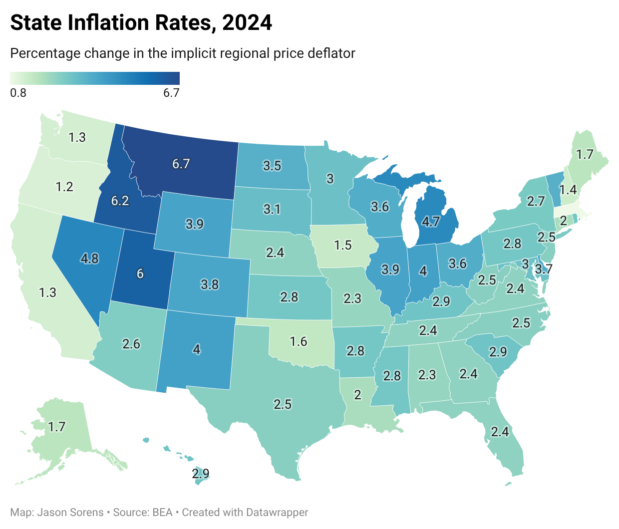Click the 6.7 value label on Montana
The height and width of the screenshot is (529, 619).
coord(181,164)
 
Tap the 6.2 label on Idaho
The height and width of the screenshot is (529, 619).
coord(120,201)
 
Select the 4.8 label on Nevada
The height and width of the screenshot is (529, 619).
coord(90,259)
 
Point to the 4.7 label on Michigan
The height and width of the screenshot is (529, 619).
coord(430,221)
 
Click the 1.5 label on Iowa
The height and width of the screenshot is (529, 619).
coord(343,245)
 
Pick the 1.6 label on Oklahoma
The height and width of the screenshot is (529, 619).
coord(299,341)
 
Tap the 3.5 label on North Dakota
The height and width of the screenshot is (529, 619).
coord(272,165)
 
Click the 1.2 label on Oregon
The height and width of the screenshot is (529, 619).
coord(64,187)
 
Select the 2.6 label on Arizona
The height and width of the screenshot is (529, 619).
coord(131,343)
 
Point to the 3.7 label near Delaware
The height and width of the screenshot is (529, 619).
coord(544,269)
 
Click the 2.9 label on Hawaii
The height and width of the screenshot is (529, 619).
coord(201,473)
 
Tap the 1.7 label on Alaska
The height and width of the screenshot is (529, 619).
coord(57,426)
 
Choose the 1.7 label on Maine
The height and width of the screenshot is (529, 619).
coord(585,155)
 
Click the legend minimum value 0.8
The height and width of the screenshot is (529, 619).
coord(18,93)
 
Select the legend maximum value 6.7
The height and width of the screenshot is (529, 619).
coord(171,93)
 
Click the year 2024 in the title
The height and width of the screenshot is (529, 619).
coord(247,23)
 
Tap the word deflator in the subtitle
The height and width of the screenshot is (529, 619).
coord(331,53)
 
